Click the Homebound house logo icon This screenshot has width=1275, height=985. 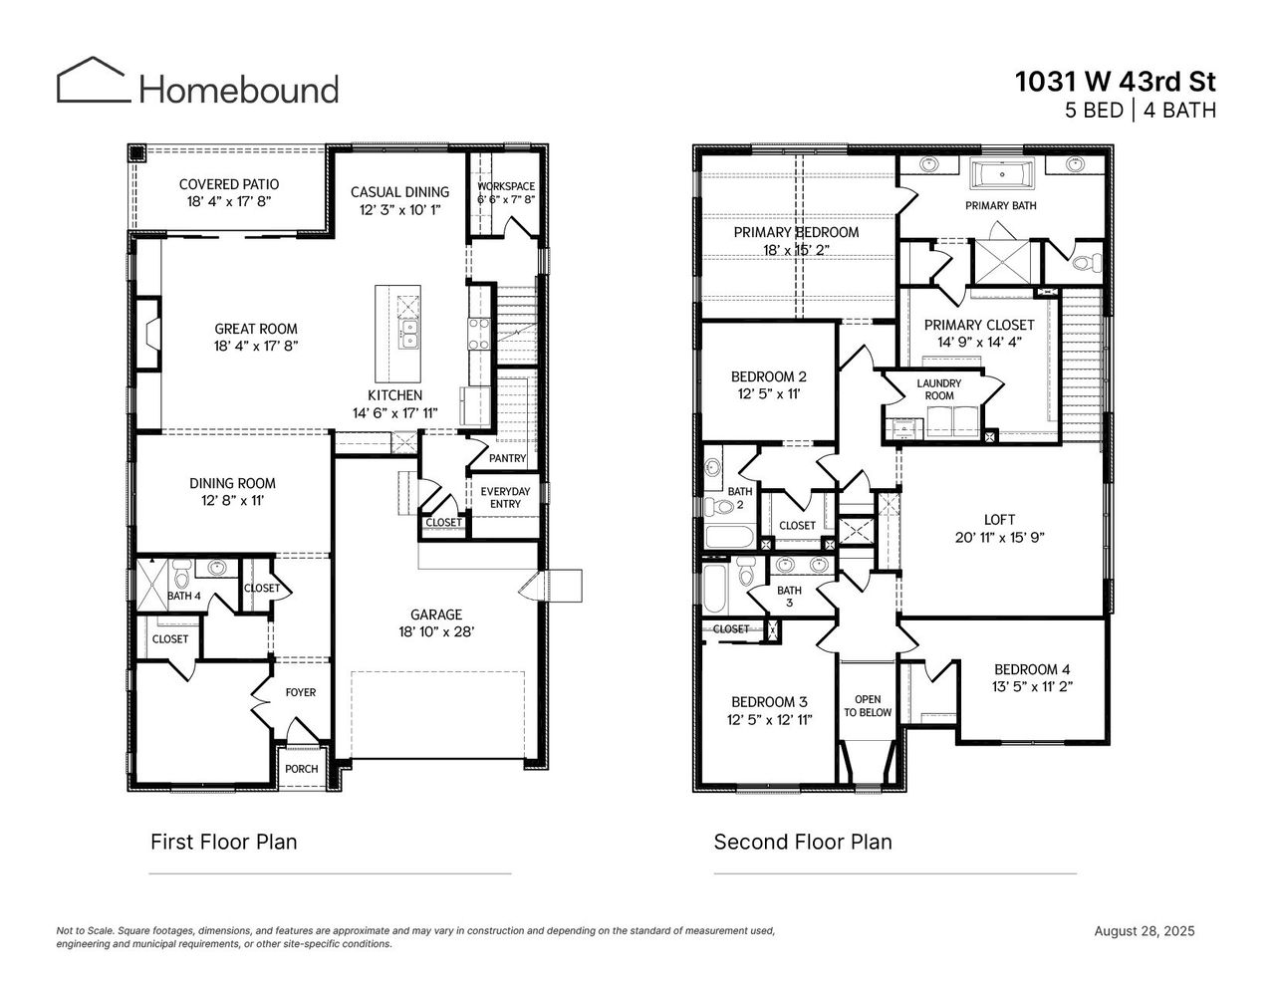pos(93,80)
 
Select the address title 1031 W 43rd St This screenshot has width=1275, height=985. pos(1115,81)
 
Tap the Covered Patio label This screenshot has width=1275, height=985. pos(228,184)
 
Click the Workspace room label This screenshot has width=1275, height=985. pos(505,186)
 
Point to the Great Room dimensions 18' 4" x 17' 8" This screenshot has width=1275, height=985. pos(256,347)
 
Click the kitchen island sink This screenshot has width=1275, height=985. pos(408,333)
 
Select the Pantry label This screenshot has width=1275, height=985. pos(507,458)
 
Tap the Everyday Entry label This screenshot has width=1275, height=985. pos(505,497)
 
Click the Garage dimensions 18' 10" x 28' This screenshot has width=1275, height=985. pos(435,631)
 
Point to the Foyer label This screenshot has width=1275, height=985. pos(300,692)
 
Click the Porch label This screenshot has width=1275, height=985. pos(302,769)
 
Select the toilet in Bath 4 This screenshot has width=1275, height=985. pos(181,575)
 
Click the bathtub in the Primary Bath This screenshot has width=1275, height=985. pos(1002,176)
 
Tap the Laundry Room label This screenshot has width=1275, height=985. pos(938,389)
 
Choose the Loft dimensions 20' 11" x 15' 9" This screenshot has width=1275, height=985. pos(999,538)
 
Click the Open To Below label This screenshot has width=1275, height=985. pos(868,706)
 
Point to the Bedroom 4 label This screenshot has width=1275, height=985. pos(1032,669)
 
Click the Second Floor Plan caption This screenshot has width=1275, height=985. pos(802,842)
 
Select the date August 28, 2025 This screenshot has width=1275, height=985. pos(1144,931)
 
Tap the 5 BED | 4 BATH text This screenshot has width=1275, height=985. pos(1140,111)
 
